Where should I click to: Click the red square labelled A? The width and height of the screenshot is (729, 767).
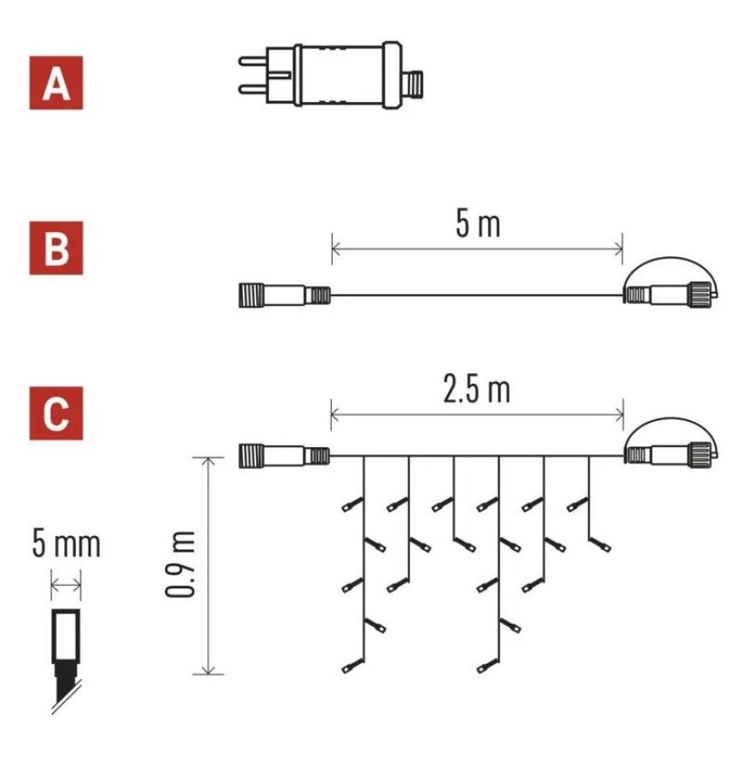click(x=57, y=83)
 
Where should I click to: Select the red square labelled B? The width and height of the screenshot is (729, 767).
click(x=57, y=248)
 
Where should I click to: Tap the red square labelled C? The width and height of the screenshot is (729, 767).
click(x=57, y=413)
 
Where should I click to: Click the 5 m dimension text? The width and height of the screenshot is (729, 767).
click(x=477, y=225)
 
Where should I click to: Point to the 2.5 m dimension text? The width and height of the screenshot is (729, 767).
click(x=476, y=390)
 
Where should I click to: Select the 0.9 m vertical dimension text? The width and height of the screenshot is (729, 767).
click(x=180, y=564)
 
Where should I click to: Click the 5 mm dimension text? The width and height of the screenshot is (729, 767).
click(x=66, y=544)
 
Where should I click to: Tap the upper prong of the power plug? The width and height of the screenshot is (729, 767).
click(x=253, y=61)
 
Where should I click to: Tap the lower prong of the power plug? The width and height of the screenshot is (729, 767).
click(x=253, y=89)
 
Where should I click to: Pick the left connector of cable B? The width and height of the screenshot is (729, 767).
click(x=285, y=295)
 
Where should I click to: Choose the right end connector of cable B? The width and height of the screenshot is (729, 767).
click(x=671, y=295)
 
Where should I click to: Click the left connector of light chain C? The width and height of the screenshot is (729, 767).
click(x=285, y=456)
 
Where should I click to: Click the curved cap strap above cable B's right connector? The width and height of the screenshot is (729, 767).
click(x=672, y=259)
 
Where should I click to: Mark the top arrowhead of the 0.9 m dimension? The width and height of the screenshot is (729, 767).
click(x=209, y=463)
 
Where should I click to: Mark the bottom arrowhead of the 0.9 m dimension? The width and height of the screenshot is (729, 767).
click(x=209, y=669)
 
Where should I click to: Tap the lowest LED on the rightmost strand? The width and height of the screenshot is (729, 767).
click(x=601, y=545)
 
